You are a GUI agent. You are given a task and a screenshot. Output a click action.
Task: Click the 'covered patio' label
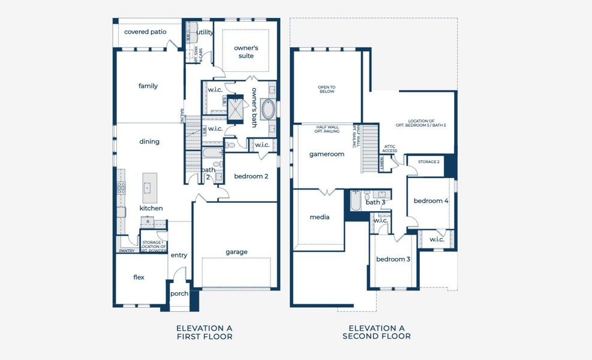tap(145, 31)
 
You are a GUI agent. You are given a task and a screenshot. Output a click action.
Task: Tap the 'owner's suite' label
tap(246, 52)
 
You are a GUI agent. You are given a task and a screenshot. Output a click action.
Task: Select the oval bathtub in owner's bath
tap(268, 110)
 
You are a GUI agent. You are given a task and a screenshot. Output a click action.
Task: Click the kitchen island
tap(149, 187)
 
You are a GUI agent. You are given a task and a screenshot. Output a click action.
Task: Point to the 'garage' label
tap(236, 252)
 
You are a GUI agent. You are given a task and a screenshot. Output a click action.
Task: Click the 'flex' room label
tap(139, 277)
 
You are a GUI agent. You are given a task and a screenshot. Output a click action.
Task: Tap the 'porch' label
tap(179, 293)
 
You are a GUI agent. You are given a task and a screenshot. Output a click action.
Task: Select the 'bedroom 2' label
tap(251, 176)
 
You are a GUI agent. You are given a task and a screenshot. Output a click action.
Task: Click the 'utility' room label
tap(205, 32)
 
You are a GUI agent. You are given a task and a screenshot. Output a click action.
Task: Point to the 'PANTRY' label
tap(127, 251)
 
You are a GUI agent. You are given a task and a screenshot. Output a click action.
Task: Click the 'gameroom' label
tap(326, 154)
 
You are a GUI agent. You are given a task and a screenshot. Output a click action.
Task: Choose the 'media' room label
tap(320, 217)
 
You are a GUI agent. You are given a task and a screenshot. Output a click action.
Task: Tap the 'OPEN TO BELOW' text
tap(326, 89)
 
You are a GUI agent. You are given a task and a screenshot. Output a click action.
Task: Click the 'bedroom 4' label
tap(431, 200)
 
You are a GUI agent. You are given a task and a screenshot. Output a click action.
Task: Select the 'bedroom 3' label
tap(393, 259)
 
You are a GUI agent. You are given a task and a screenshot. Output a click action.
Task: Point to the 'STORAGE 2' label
tap(429, 162)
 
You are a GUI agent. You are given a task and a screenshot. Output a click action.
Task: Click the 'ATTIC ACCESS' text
tap(389, 148)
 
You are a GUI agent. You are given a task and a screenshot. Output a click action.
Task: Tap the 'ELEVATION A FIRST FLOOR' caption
tap(204, 332)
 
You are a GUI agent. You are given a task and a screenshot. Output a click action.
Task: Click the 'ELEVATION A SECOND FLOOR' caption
tap(377, 332)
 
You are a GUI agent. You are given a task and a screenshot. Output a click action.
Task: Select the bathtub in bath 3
tap(354, 201)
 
